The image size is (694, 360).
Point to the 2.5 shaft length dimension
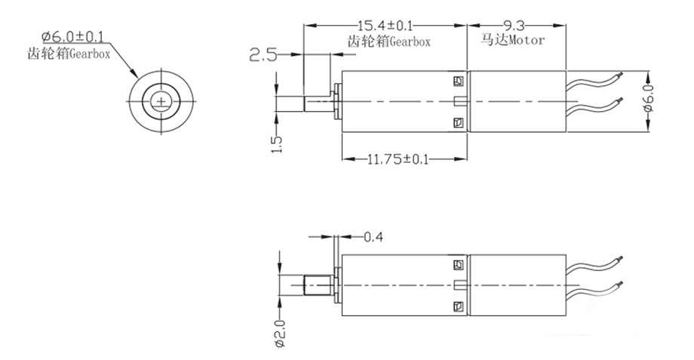tap(263, 54)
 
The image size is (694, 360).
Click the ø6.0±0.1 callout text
tap(74, 35)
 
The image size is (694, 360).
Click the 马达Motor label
tap(506, 41)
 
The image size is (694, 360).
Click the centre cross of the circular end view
tap(161, 102)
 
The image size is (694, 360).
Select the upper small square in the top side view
tap(457, 81)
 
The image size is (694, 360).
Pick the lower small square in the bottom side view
tap(457, 306)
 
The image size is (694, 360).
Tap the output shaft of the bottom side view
tap(313, 286)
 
